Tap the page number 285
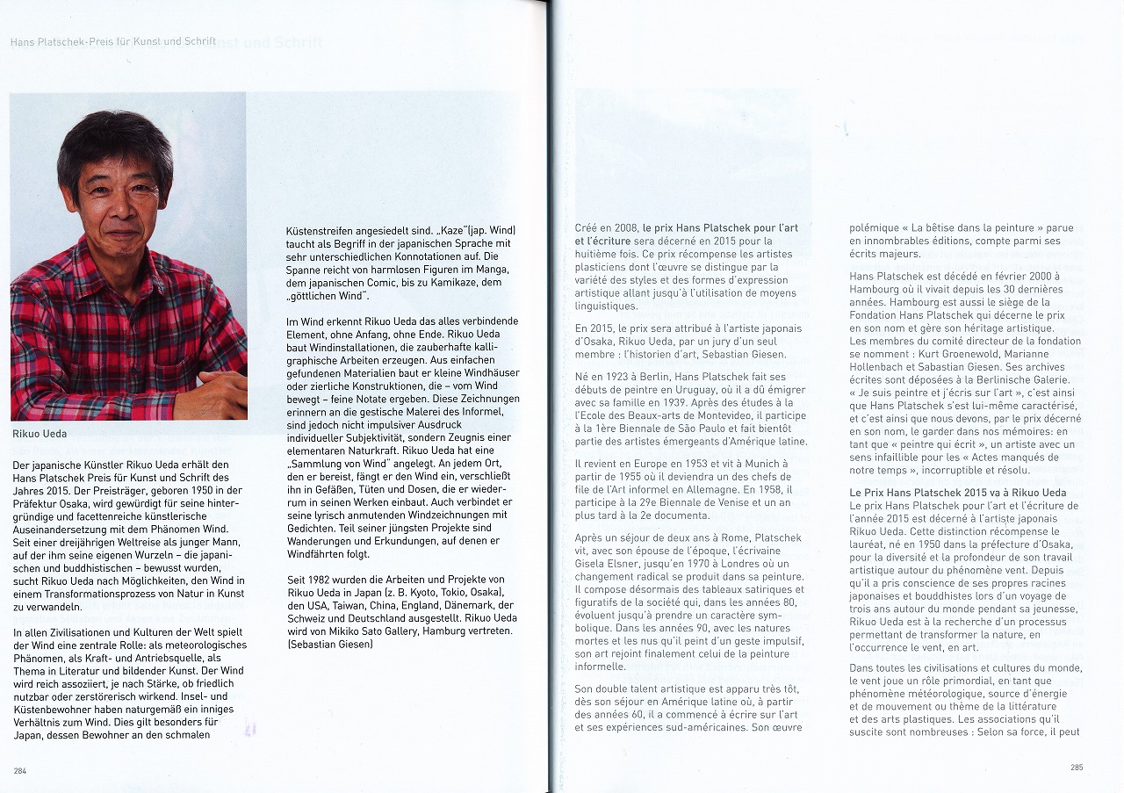(x=1077, y=767)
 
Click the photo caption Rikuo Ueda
(x=40, y=433)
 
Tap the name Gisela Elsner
(x=605, y=563)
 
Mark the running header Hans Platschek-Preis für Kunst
(x=112, y=41)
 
